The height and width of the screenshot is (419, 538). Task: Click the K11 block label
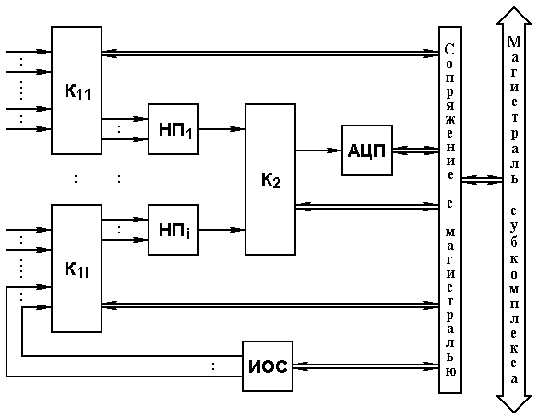[x=78, y=91]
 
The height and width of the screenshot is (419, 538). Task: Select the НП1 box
[x=173, y=129]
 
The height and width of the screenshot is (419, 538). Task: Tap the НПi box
[x=173, y=230]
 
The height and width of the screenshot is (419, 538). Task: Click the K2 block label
[x=270, y=180]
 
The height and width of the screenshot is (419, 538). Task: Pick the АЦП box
[x=367, y=150]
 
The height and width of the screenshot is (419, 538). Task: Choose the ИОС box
[x=268, y=366]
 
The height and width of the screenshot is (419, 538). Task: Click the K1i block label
[x=77, y=269]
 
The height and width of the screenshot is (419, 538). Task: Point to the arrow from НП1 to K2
[x=222, y=129]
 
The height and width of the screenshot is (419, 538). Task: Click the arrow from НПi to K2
[x=222, y=230]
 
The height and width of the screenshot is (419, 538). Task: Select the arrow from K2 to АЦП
[x=318, y=150]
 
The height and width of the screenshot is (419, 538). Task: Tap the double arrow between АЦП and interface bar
[x=416, y=150]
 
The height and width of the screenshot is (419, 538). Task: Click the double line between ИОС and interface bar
[x=366, y=366]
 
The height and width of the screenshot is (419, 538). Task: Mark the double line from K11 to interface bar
[x=270, y=54]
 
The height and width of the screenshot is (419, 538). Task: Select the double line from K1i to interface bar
[x=270, y=305]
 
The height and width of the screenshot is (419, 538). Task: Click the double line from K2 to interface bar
[x=367, y=206]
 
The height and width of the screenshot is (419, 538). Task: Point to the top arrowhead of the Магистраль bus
[x=514, y=16]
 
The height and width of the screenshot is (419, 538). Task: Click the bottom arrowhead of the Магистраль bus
[x=514, y=404]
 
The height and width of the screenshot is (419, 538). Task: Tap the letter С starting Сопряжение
[x=449, y=49]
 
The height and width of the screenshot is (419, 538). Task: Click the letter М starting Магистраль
[x=514, y=42]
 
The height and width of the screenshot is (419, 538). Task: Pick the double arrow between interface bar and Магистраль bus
[x=483, y=179]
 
